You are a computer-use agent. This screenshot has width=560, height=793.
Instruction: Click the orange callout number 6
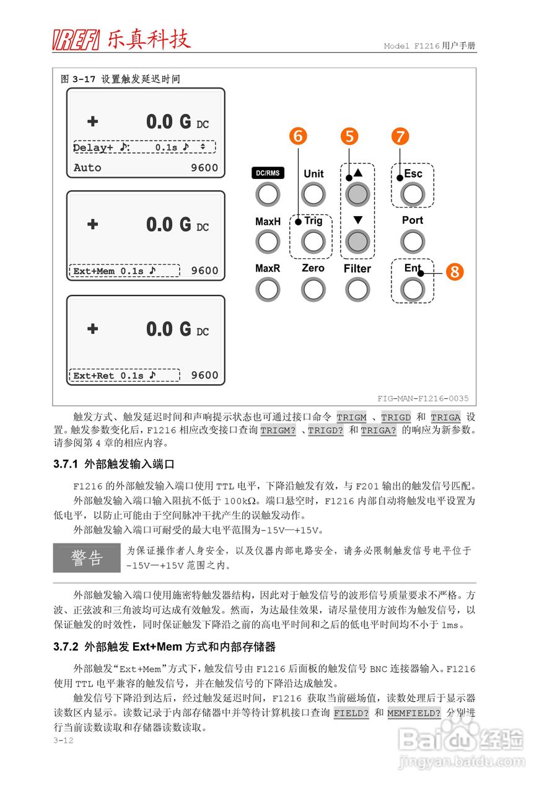click(x=299, y=136)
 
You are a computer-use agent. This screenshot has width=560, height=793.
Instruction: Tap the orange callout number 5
click(x=350, y=136)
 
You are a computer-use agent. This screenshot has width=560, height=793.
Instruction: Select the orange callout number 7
click(x=401, y=136)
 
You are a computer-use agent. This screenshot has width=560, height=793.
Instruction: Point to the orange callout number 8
click(x=455, y=271)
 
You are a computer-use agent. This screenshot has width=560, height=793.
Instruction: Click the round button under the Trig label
click(x=313, y=242)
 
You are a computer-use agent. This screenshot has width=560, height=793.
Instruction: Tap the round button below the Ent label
click(x=413, y=289)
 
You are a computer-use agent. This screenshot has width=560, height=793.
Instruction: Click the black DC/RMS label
click(x=268, y=173)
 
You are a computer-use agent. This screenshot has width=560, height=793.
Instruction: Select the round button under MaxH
click(x=268, y=242)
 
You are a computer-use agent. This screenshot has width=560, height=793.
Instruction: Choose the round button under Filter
click(x=357, y=289)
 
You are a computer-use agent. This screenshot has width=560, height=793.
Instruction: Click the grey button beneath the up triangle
click(x=357, y=194)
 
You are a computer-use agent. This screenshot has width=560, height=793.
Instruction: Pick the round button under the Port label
click(x=413, y=242)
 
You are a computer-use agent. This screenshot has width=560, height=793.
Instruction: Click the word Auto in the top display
click(x=87, y=167)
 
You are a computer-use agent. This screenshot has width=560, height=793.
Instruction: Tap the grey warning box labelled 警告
click(x=87, y=558)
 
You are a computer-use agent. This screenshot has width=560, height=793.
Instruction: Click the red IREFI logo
click(x=76, y=40)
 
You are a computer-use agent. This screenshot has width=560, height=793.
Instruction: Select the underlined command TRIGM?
click(x=278, y=431)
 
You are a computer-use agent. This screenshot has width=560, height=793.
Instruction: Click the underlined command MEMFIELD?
click(x=414, y=713)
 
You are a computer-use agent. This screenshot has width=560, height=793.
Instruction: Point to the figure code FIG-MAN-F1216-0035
click(x=423, y=398)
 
